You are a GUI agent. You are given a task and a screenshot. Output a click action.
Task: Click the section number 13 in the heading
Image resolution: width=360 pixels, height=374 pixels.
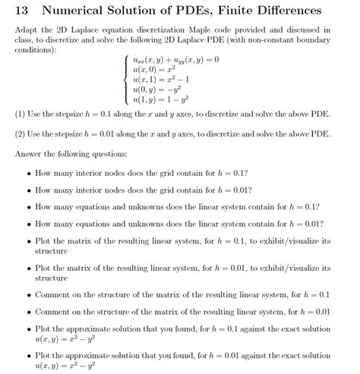click(x=21, y=12)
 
